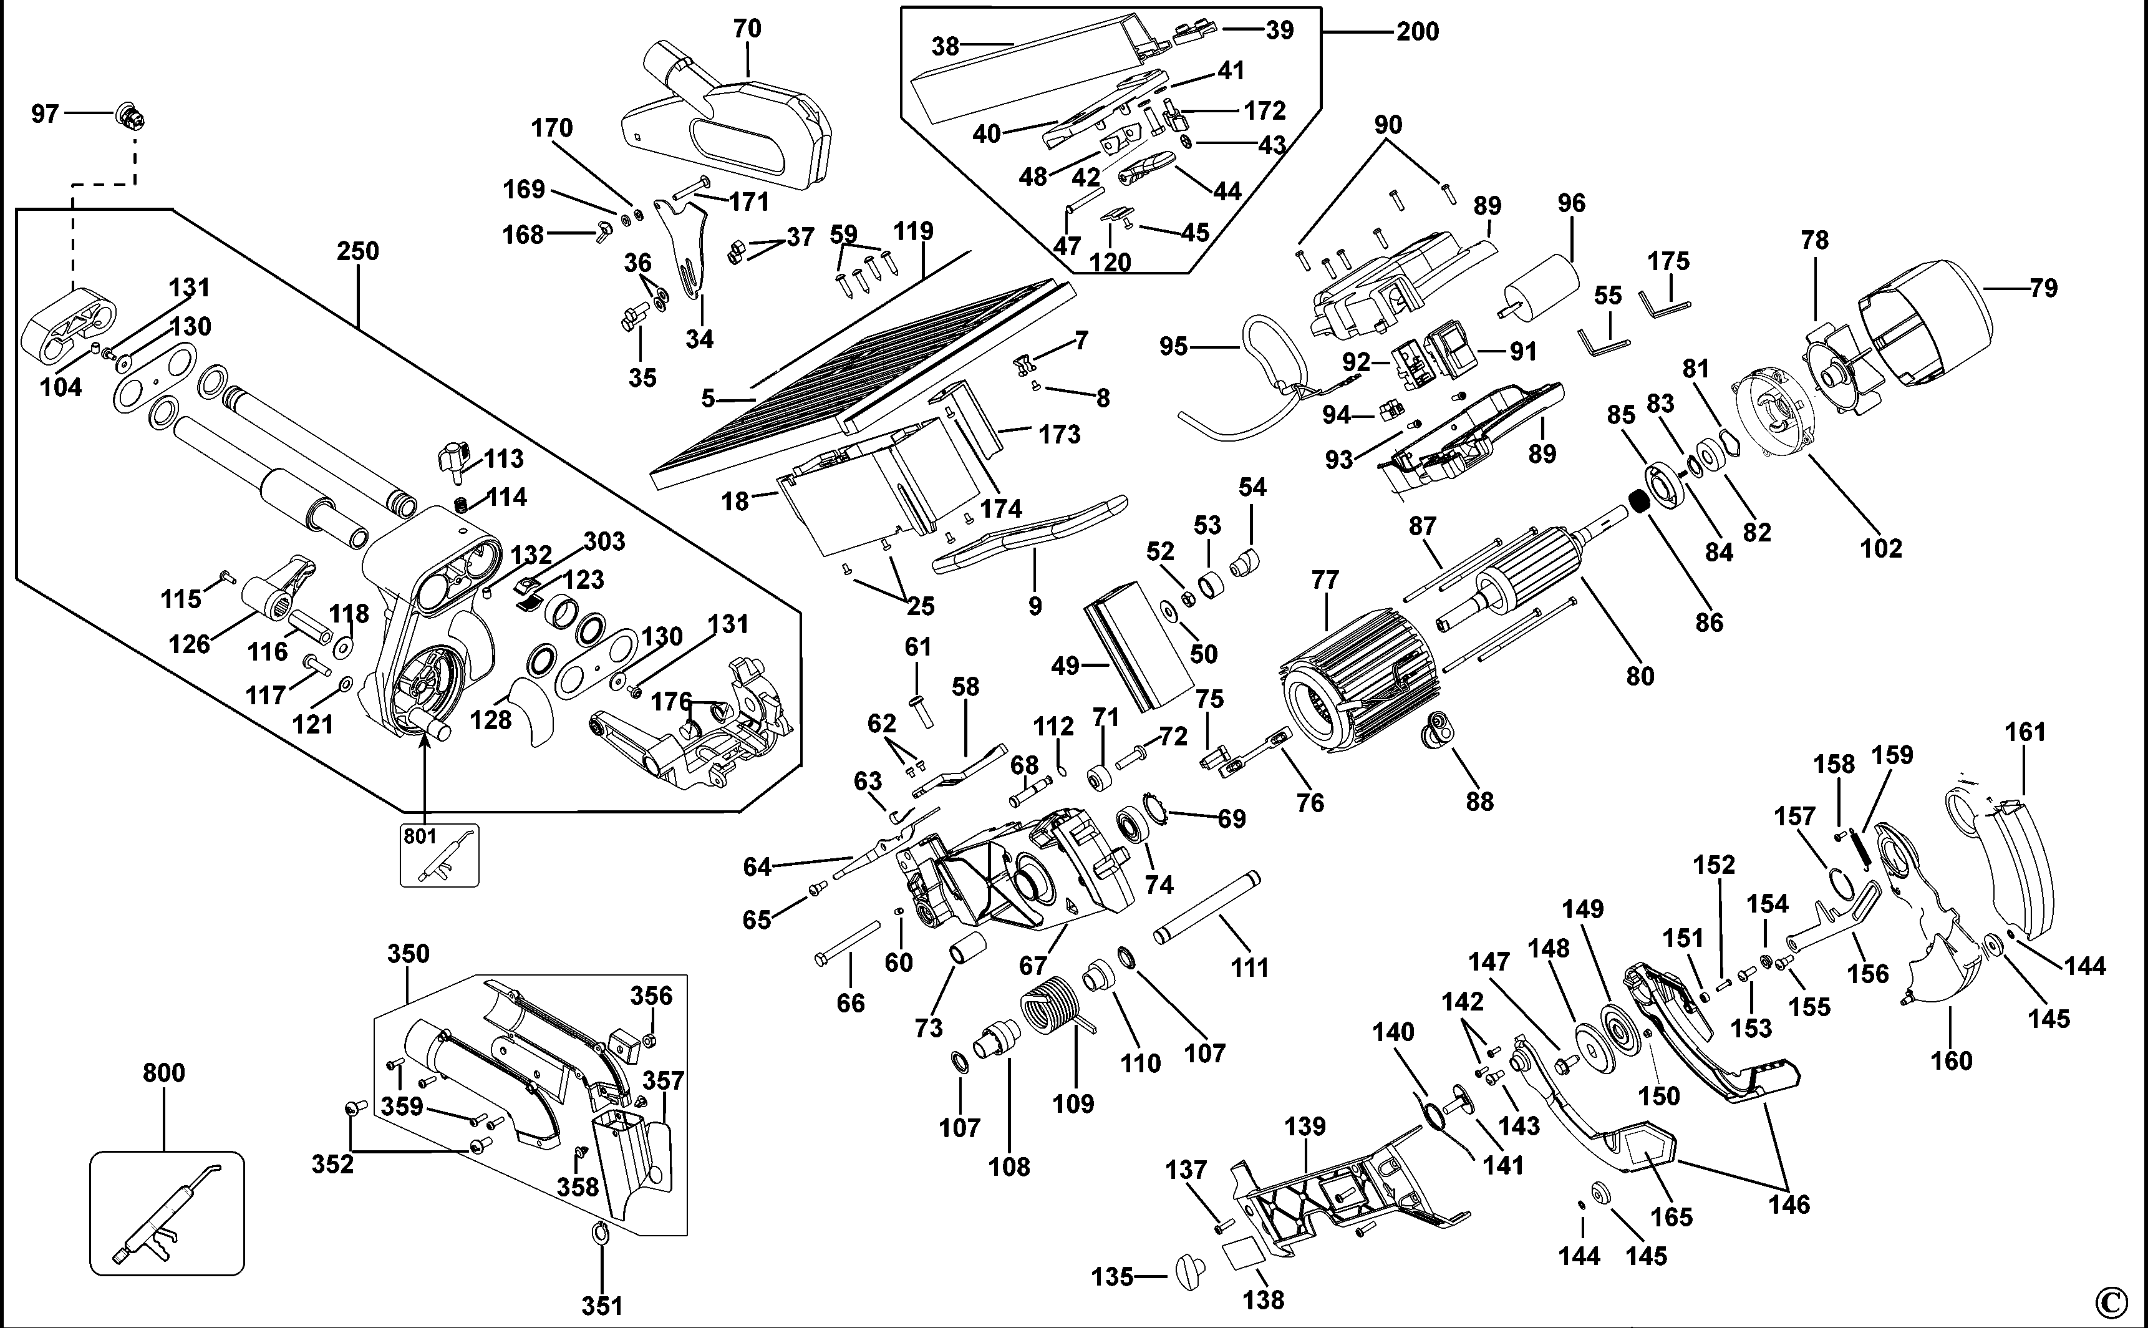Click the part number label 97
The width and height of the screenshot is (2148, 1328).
click(x=45, y=114)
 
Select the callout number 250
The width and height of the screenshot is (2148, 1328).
click(x=357, y=251)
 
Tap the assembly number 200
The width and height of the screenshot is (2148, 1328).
click(x=1418, y=32)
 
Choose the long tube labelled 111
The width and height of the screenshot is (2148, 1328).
click(x=1207, y=908)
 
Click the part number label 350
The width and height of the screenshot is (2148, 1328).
click(x=409, y=954)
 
